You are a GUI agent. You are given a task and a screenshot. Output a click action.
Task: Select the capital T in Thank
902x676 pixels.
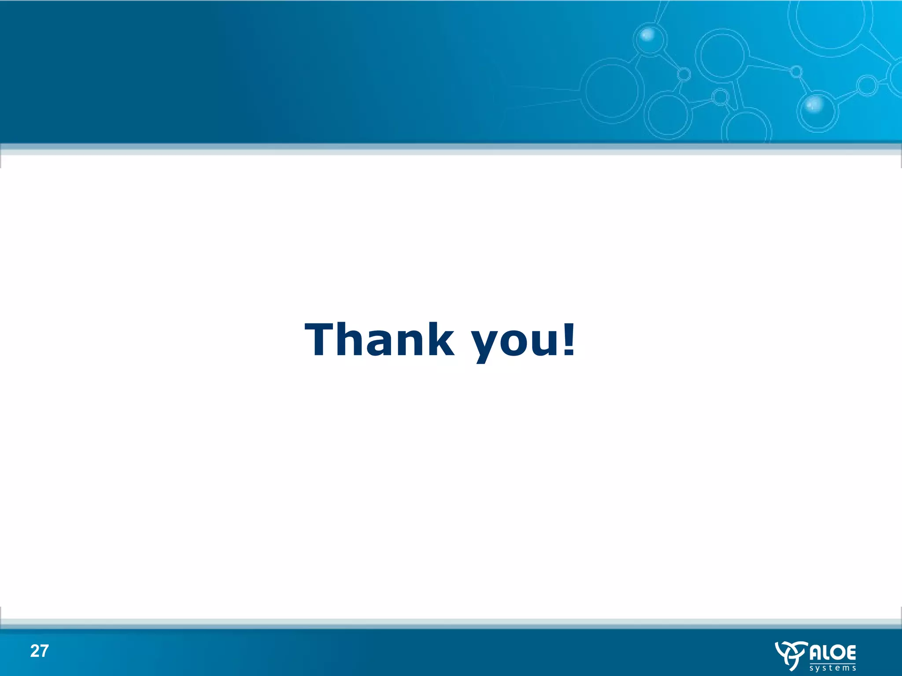[320, 339]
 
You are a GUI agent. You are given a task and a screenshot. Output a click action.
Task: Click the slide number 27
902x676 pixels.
[39, 651]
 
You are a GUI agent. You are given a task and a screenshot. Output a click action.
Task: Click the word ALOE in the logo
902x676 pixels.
[833, 653]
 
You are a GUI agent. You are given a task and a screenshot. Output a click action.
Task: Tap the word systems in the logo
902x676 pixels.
[833, 668]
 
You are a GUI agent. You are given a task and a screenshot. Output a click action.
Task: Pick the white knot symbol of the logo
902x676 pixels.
[791, 655]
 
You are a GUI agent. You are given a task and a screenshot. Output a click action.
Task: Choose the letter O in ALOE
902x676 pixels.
[835, 653]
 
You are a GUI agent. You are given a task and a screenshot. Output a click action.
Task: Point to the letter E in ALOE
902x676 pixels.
[850, 653]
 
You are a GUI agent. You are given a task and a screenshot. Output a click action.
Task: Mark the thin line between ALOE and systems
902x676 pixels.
[833, 663]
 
